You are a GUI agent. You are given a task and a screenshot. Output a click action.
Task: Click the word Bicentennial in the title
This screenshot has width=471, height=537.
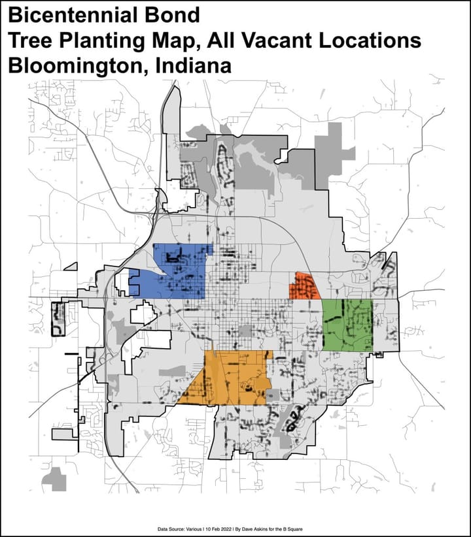pos(64,15)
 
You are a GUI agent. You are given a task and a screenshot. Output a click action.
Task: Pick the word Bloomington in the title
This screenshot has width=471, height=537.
pos(71,67)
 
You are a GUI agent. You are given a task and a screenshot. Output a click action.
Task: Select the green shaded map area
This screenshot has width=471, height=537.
pos(347,325)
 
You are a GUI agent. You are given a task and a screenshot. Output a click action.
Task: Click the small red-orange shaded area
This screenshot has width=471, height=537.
pos(304,287)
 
